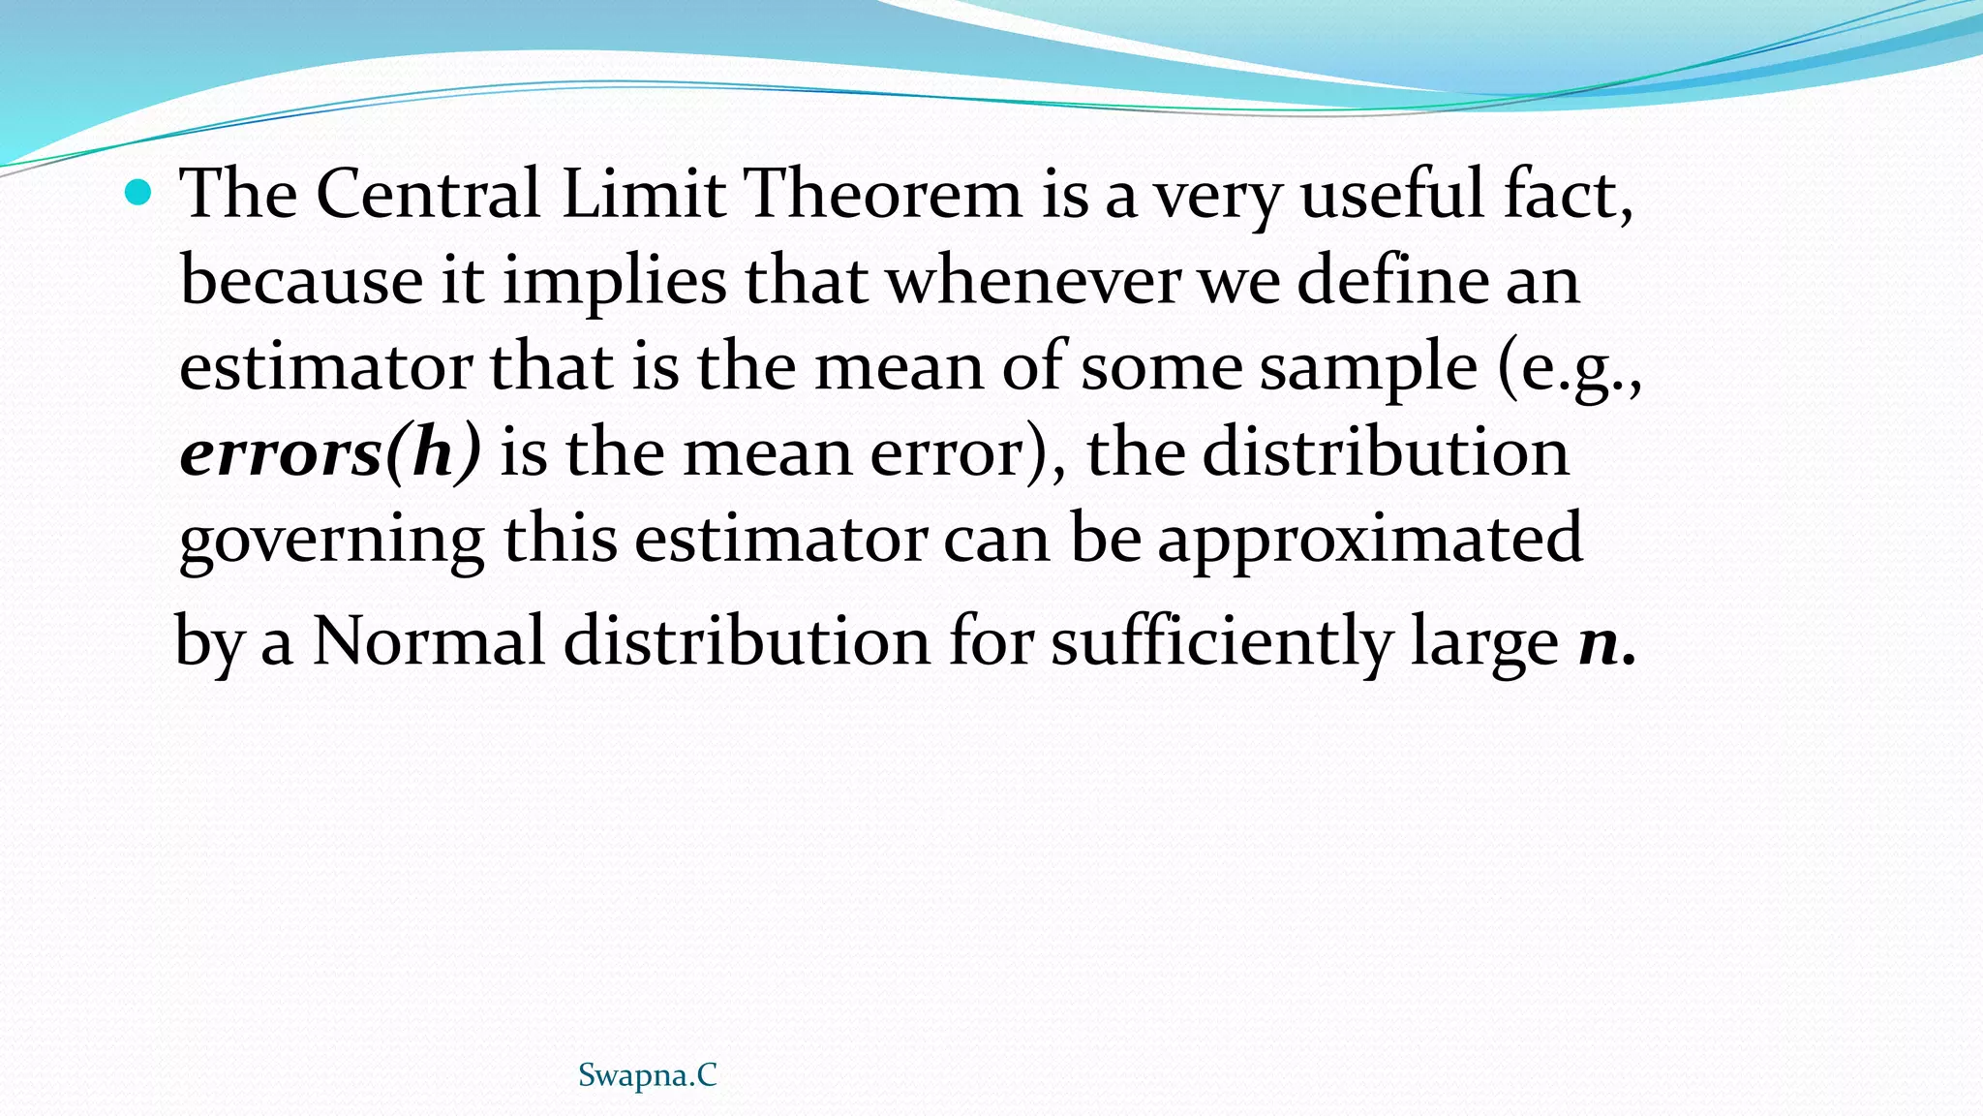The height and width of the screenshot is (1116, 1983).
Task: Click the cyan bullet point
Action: [x=139, y=193]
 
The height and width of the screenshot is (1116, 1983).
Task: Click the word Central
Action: [x=428, y=193]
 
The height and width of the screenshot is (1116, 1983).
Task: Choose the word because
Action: [x=301, y=280]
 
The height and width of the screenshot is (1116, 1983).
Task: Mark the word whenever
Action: [x=1033, y=280]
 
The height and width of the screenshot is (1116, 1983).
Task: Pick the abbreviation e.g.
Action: [x=1570, y=369]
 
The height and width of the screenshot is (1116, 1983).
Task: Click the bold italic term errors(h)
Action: [x=330, y=452]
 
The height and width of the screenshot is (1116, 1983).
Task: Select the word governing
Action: [x=332, y=541]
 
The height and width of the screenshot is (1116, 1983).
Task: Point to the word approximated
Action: [x=1370, y=541]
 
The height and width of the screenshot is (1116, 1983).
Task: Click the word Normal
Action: [x=428, y=641]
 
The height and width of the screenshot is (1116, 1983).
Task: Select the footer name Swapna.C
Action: [x=647, y=1075]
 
